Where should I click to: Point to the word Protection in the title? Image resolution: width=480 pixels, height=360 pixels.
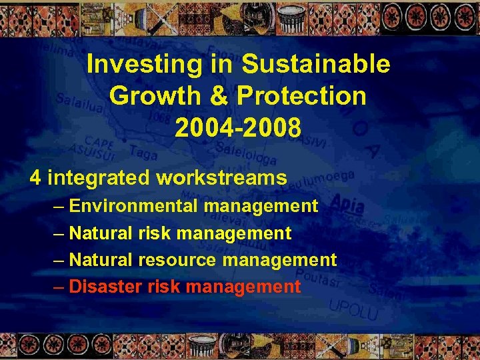(301, 95)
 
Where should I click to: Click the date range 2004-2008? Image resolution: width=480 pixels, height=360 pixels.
(238, 127)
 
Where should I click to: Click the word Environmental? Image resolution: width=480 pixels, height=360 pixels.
(133, 206)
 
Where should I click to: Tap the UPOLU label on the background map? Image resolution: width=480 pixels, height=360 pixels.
(354, 309)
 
